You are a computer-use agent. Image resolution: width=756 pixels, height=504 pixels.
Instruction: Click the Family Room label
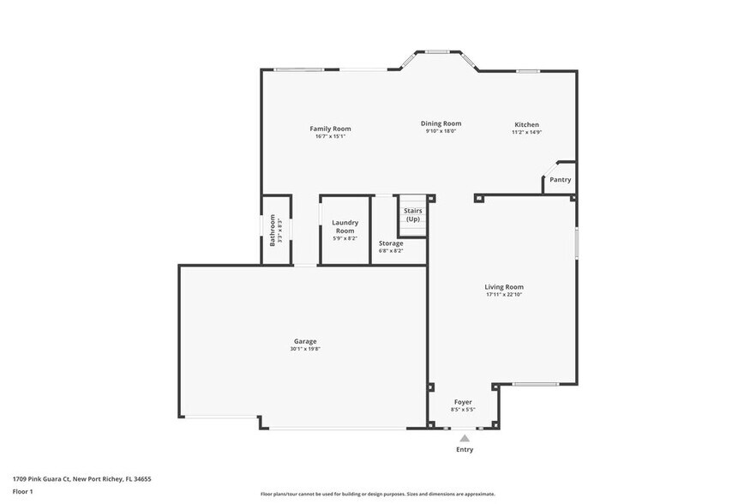coord(330,129)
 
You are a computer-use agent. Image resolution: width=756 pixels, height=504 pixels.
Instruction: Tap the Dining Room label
coord(441,123)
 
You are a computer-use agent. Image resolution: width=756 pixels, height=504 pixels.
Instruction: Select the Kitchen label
coord(526,124)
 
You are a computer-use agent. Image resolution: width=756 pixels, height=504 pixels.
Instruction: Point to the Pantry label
coord(560,180)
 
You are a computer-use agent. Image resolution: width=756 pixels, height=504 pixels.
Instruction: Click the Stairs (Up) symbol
coord(412,215)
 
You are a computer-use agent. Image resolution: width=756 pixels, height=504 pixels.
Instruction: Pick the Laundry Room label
coord(345,226)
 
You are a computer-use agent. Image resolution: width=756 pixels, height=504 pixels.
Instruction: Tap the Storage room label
coord(391,243)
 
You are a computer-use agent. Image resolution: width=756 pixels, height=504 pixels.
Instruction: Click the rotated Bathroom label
coord(273,230)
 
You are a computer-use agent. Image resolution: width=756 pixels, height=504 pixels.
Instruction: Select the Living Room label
coord(503,287)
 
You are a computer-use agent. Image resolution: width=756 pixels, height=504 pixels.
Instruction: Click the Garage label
coord(305,341)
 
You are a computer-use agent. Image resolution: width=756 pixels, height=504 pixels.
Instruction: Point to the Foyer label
coord(463,402)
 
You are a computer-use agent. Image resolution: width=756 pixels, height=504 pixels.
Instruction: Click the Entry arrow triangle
coord(464,438)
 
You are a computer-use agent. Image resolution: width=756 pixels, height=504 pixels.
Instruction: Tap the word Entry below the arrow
coord(464,449)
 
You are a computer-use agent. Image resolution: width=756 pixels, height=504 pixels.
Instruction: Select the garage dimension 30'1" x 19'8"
coord(305,349)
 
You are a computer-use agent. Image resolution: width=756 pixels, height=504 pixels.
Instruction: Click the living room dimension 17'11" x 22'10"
coord(503,295)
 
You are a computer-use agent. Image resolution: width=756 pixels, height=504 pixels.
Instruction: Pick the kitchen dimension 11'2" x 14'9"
coord(526,132)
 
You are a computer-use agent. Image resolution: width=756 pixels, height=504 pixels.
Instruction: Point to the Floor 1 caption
coord(22,491)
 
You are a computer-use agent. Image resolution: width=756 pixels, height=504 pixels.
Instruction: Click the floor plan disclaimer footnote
coord(377,494)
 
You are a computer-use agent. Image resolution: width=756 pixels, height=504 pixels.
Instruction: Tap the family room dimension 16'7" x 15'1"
coord(330,136)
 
